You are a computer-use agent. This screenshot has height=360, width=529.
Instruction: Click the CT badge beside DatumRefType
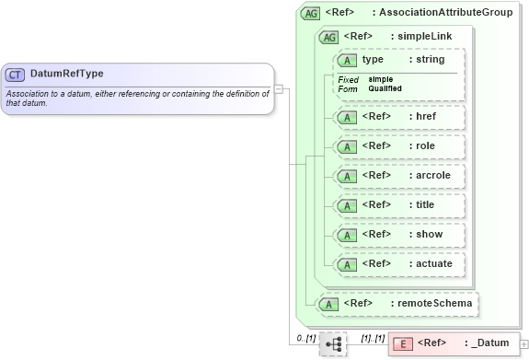(x=16, y=74)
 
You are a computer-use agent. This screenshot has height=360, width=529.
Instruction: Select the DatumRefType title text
(x=66, y=74)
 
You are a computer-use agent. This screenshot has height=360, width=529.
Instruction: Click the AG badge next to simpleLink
(x=328, y=37)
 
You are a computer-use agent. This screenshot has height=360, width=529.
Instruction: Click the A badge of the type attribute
(x=348, y=60)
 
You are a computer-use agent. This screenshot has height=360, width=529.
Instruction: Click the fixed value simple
(x=381, y=79)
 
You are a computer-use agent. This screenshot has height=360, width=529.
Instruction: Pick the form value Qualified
(x=386, y=88)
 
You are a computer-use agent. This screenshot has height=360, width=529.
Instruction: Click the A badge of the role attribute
(x=348, y=146)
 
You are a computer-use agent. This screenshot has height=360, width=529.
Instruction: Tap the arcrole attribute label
(x=434, y=175)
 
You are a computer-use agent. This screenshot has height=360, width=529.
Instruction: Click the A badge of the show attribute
(x=348, y=235)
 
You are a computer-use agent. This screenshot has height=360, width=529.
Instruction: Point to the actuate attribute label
(x=434, y=263)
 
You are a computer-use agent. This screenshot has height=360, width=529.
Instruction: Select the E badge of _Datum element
(x=402, y=343)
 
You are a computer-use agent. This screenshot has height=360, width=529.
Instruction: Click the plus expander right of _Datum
(x=524, y=343)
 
